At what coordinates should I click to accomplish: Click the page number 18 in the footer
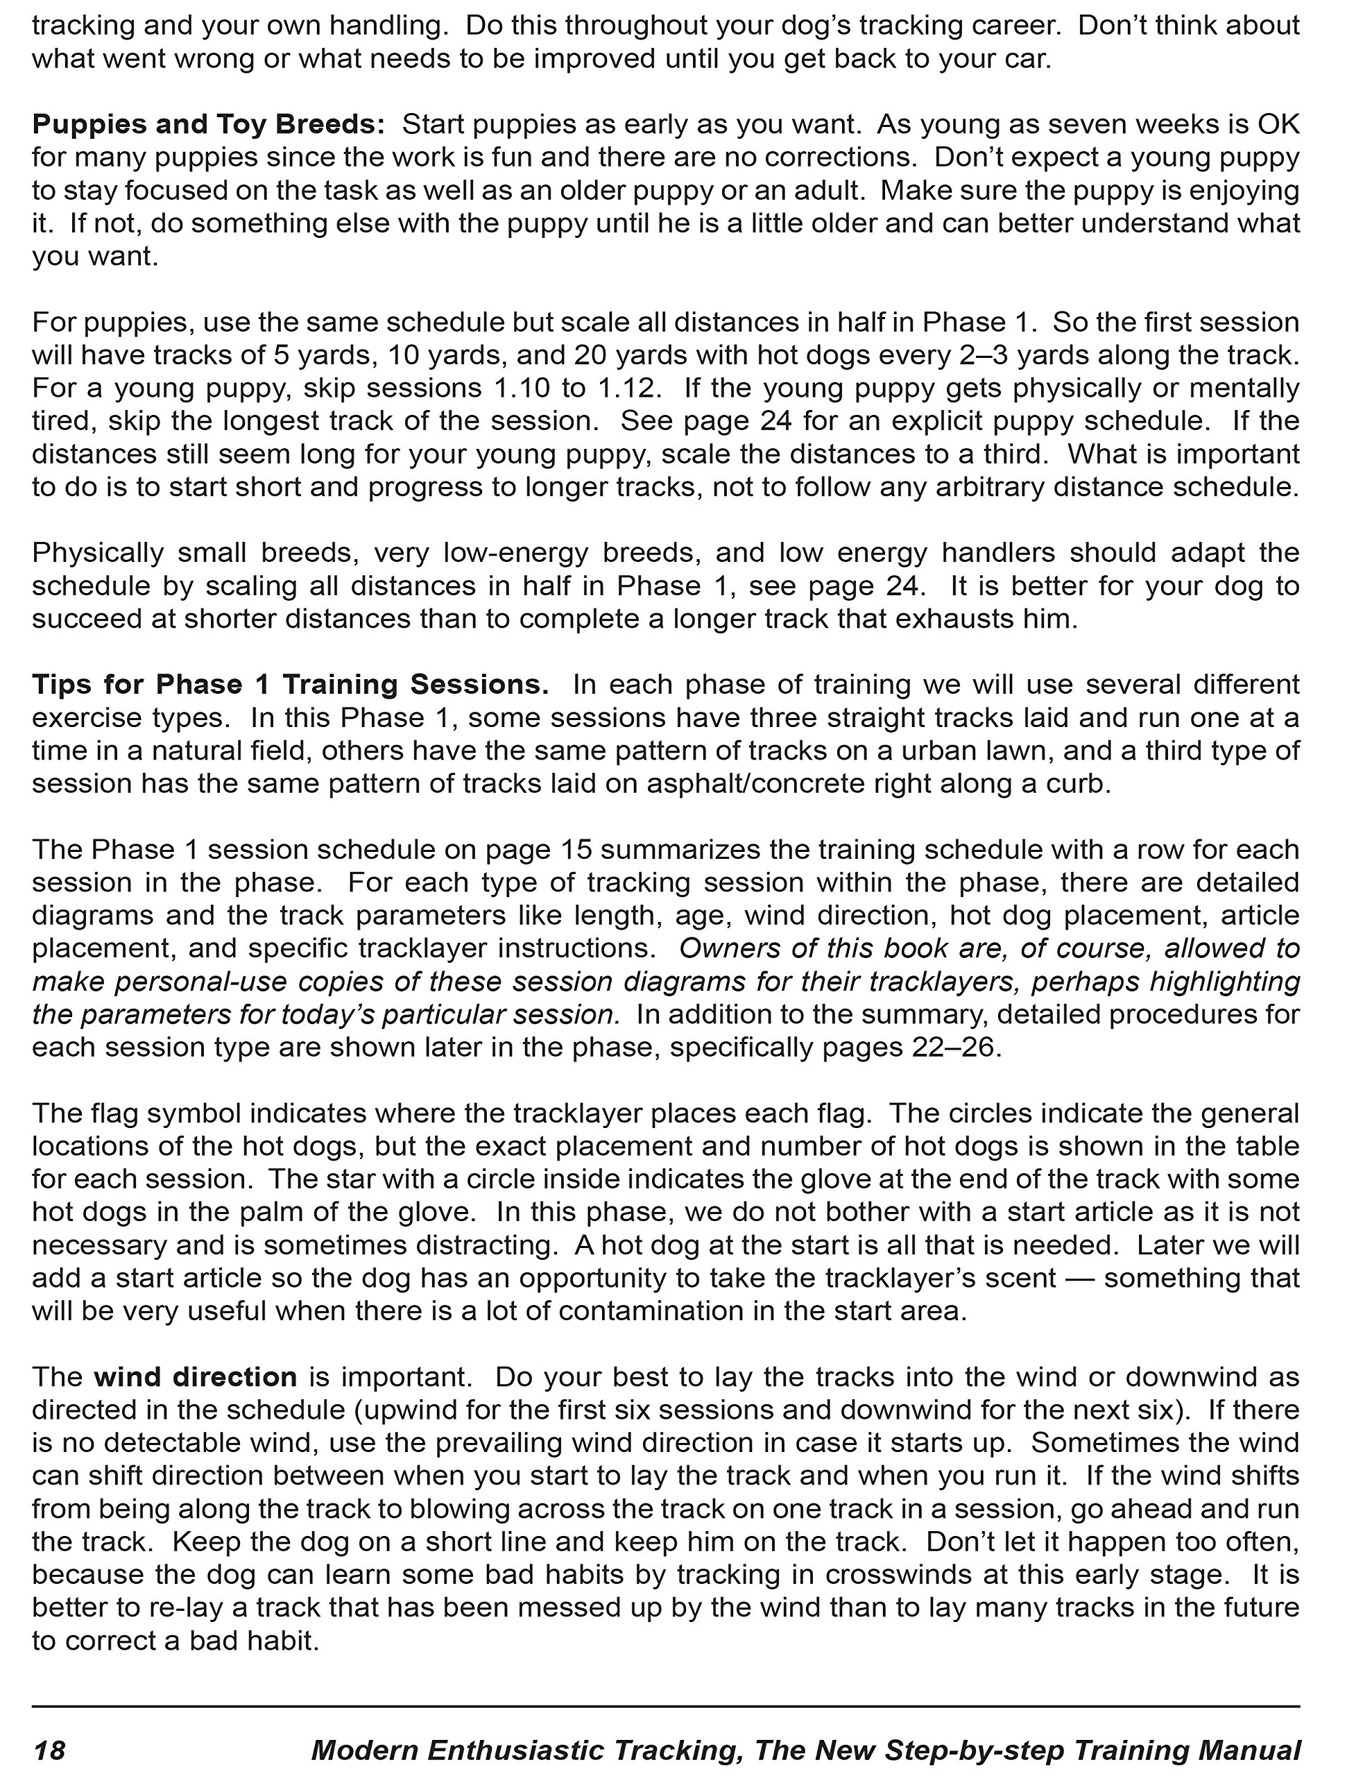[49, 1749]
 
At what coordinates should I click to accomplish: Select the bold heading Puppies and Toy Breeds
[208, 124]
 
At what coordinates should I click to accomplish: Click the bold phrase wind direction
[195, 1376]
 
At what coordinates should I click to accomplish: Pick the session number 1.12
[626, 388]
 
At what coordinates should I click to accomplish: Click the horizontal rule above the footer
[665, 1705]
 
